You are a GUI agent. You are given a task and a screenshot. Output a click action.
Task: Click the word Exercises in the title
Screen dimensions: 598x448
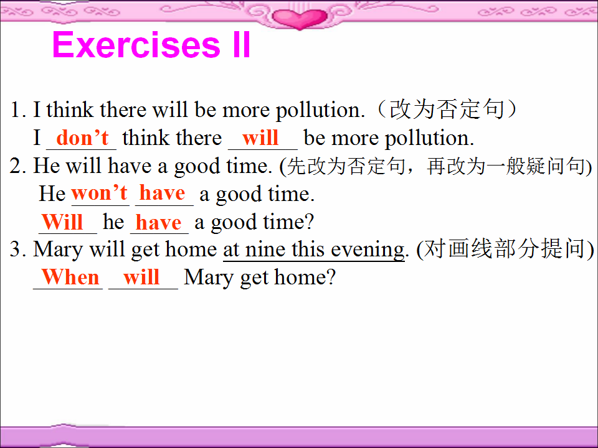[x=136, y=45]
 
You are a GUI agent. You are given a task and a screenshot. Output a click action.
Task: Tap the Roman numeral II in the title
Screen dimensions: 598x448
[x=242, y=45]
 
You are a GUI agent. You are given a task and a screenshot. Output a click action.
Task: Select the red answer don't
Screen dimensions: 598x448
[x=82, y=138]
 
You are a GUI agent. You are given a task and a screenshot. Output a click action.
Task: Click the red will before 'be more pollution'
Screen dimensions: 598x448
[x=260, y=138]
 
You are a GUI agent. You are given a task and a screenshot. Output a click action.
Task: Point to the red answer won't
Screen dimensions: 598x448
[x=99, y=193]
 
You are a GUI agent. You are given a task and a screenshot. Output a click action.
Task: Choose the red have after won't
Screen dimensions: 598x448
[x=162, y=193]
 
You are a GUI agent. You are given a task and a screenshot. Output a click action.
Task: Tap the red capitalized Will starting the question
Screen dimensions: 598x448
[x=62, y=222]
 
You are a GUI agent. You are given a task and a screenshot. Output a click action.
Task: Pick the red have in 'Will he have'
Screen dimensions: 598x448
[x=158, y=223]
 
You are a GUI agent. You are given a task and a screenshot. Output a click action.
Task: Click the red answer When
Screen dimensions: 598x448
[x=70, y=277]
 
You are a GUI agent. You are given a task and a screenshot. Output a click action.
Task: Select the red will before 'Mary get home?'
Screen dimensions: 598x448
[x=141, y=277]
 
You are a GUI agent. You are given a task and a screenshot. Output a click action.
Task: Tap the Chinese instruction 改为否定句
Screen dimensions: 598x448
[x=446, y=110]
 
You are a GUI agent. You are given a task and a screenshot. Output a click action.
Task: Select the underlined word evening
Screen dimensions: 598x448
[x=368, y=251]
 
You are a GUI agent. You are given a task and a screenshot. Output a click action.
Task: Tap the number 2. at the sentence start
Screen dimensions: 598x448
[x=18, y=166]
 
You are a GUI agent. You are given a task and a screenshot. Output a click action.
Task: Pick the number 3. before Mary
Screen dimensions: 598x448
[x=18, y=250]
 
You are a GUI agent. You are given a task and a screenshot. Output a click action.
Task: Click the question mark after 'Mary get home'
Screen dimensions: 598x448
[x=331, y=277]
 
